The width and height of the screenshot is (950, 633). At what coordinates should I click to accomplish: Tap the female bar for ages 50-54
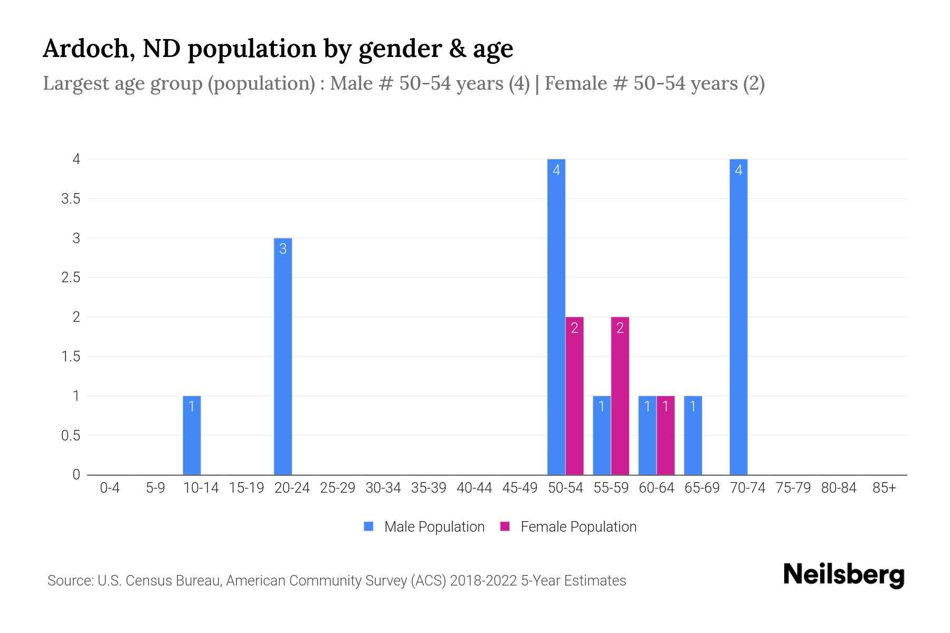click(575, 396)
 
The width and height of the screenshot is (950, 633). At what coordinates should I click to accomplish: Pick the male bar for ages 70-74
click(738, 316)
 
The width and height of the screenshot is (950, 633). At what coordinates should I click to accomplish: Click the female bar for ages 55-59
click(620, 396)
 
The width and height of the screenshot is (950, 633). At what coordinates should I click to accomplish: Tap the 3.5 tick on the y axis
click(71, 199)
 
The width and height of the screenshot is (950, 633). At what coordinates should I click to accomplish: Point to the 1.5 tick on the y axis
click(71, 357)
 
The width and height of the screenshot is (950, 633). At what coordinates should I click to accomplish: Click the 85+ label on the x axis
click(884, 488)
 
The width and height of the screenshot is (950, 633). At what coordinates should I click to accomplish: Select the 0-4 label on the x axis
click(110, 488)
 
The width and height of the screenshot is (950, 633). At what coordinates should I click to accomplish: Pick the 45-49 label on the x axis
click(520, 488)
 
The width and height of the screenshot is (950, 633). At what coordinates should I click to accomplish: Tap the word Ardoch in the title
click(85, 49)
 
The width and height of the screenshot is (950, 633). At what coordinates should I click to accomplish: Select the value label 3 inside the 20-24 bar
click(283, 248)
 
